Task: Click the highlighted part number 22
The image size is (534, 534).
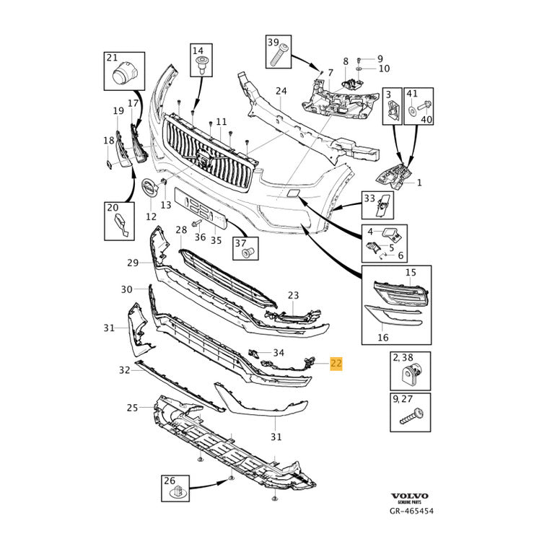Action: (x=336, y=363)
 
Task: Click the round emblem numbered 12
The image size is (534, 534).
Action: (x=150, y=190)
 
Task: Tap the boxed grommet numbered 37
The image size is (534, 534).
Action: (x=247, y=253)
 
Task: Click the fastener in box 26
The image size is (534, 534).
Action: (x=177, y=493)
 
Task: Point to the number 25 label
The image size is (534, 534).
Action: (x=132, y=408)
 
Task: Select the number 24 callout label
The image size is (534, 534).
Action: (x=281, y=92)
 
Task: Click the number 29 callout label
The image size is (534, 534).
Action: (x=132, y=263)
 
